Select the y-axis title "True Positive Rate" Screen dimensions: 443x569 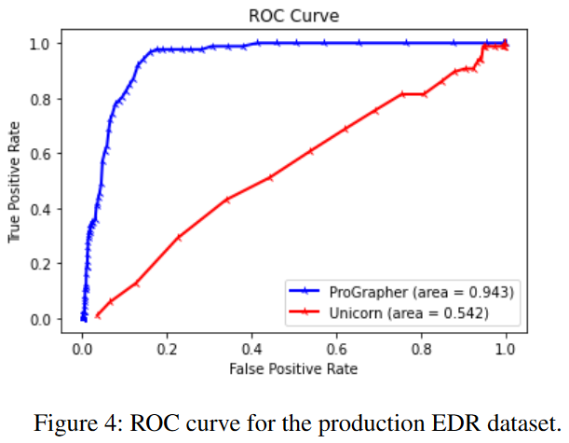[16, 181]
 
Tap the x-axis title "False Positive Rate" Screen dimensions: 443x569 [294, 368]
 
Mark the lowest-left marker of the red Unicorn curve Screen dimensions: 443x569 [98, 315]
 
